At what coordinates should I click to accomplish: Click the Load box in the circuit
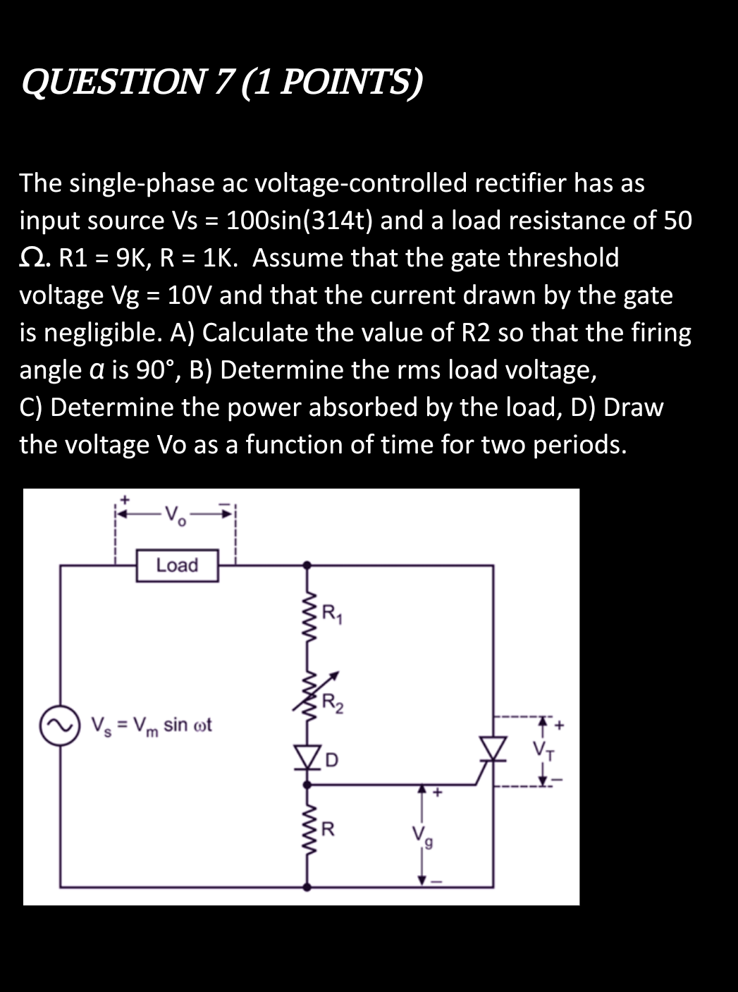tap(177, 565)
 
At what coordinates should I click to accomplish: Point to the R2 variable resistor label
tap(331, 703)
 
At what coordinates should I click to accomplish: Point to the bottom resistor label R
tap(327, 828)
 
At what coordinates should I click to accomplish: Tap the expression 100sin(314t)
tap(295, 221)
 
